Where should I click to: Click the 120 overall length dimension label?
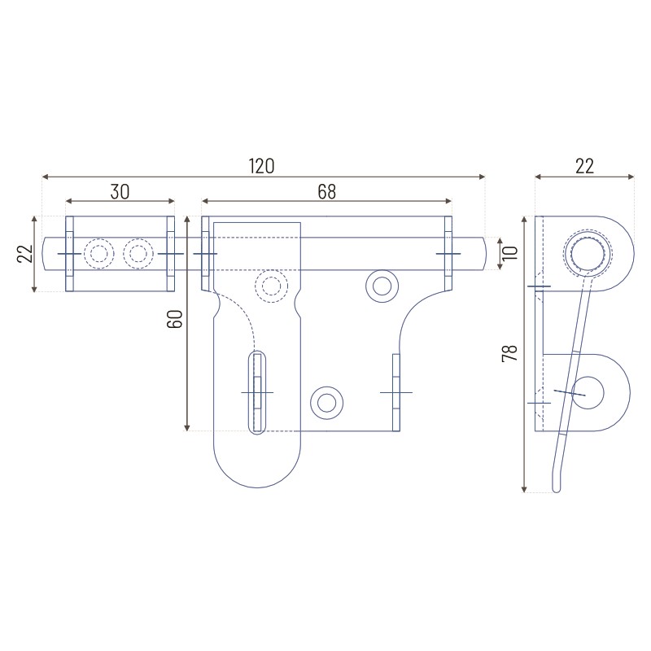[x=261, y=166]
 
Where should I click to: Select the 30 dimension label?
[x=120, y=192]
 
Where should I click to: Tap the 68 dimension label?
[x=327, y=192]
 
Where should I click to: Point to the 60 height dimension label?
[x=175, y=319]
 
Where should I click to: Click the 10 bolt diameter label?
[x=510, y=253]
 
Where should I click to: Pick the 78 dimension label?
[x=510, y=353]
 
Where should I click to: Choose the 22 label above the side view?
[x=584, y=166]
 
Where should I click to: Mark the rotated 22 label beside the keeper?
[x=25, y=253]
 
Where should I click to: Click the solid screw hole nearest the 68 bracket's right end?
[x=382, y=286]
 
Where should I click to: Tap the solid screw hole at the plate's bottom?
[x=327, y=403]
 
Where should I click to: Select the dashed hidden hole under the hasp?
[x=271, y=286]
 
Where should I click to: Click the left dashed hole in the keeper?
[x=98, y=253]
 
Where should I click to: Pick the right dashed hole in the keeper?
[x=138, y=253]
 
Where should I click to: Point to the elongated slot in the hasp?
[x=257, y=392]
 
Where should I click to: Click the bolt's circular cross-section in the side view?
[x=587, y=253]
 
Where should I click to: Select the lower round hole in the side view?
[x=588, y=393]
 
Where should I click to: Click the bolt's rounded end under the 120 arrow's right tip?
[x=482, y=253]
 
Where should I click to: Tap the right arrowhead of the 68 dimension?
[x=448, y=201]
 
